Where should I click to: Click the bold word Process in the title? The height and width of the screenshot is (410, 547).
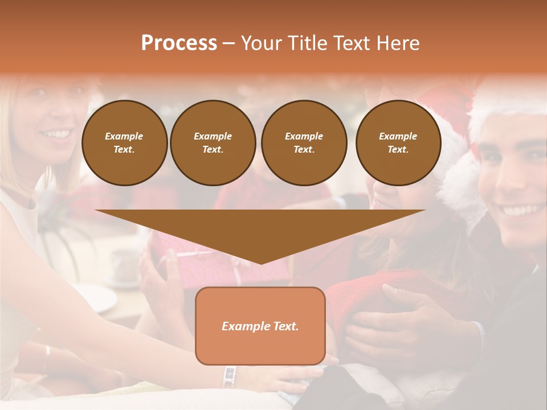(179, 43)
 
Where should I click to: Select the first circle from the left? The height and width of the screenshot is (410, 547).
(124, 142)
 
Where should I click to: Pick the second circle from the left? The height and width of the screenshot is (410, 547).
(213, 142)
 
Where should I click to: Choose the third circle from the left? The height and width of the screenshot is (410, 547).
(304, 142)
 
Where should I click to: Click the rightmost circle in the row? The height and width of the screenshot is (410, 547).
(398, 142)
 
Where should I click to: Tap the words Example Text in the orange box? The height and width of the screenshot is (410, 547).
(260, 326)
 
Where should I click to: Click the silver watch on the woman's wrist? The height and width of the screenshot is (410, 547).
(230, 376)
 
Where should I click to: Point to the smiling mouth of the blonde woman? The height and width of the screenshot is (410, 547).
(56, 134)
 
